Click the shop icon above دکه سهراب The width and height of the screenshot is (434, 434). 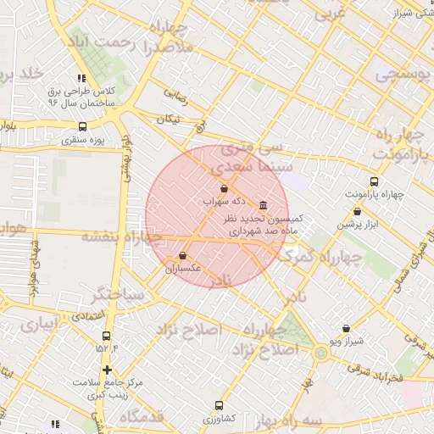point(224,189)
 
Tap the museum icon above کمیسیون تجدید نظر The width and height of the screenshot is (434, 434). point(262,206)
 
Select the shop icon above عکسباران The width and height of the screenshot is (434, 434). point(183,256)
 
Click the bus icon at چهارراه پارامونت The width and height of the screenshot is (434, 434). point(374,181)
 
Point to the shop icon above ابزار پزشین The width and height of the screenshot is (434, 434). point(356,212)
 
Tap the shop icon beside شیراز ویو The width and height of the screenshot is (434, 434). point(346,329)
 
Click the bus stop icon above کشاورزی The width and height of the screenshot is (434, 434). point(220,406)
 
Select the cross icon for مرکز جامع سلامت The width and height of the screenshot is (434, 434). point(107,370)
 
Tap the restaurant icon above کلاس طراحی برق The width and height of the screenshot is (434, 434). point(81,77)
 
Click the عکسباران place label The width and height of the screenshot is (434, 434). point(183,268)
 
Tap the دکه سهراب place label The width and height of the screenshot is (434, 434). point(225,202)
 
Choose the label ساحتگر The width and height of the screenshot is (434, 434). point(120,294)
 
